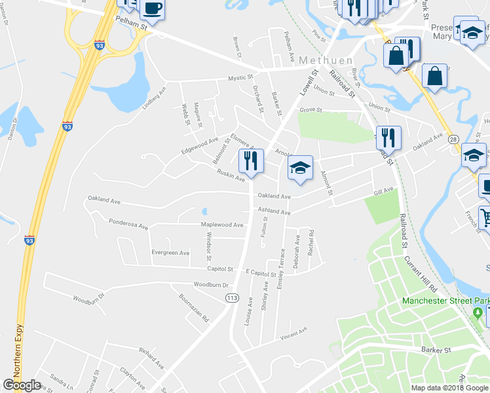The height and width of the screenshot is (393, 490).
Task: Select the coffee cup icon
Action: [x=152, y=9]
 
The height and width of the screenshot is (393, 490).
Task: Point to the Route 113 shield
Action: [x=231, y=298]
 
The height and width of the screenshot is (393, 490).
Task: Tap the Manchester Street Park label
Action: [x=445, y=301]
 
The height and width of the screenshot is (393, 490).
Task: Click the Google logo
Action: [x=22, y=385]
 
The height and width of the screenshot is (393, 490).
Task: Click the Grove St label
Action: [x=311, y=110]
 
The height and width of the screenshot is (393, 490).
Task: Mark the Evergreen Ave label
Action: [x=170, y=252]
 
